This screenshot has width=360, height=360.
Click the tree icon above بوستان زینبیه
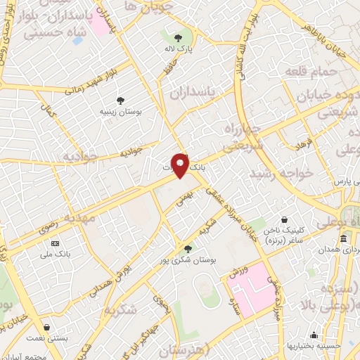[121, 101]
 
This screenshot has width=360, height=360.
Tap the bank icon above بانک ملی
[56, 243]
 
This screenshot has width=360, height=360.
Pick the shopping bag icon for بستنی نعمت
[46, 328]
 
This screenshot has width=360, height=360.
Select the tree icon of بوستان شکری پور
[187, 248]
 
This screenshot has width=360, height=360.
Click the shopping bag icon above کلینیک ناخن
[284, 220]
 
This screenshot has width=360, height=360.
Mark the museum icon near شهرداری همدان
[343, 240]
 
